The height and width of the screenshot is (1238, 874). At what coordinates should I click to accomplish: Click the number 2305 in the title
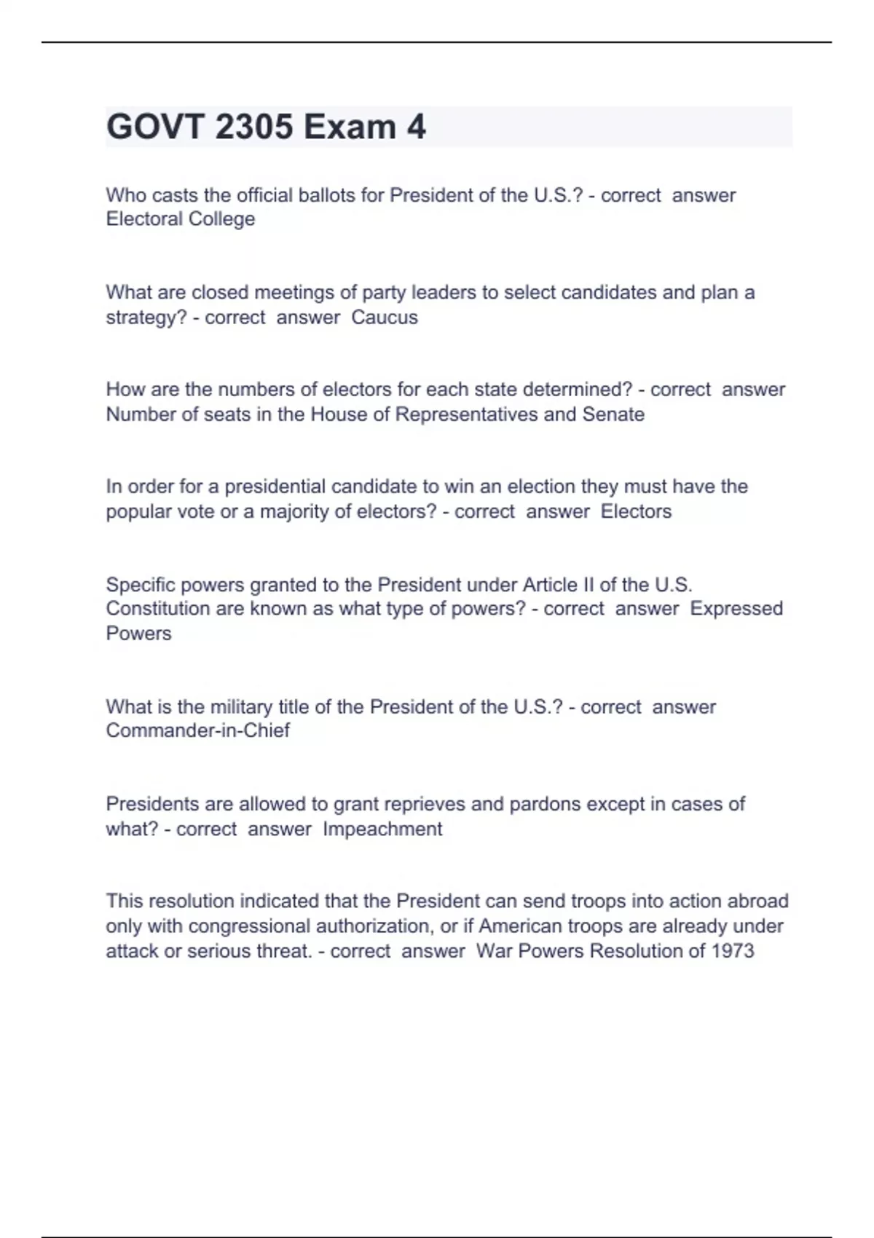(254, 127)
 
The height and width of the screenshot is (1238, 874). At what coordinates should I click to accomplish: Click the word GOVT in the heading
(154, 127)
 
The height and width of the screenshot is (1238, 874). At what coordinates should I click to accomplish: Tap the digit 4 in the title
(416, 127)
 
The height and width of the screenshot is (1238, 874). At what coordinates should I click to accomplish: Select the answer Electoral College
(181, 219)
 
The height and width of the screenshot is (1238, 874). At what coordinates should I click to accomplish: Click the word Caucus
(385, 318)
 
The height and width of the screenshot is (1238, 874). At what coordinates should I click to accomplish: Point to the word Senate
(613, 414)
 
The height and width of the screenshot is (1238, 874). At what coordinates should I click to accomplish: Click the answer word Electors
(636, 511)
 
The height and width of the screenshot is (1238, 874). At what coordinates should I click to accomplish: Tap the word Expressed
(736, 608)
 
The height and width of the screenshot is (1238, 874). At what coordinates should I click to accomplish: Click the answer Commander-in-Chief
(198, 730)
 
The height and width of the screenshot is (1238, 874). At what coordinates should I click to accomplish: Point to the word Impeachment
(382, 829)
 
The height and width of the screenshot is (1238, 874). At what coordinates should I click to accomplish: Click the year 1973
(732, 951)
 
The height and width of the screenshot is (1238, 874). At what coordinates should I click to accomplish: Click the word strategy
(146, 318)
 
